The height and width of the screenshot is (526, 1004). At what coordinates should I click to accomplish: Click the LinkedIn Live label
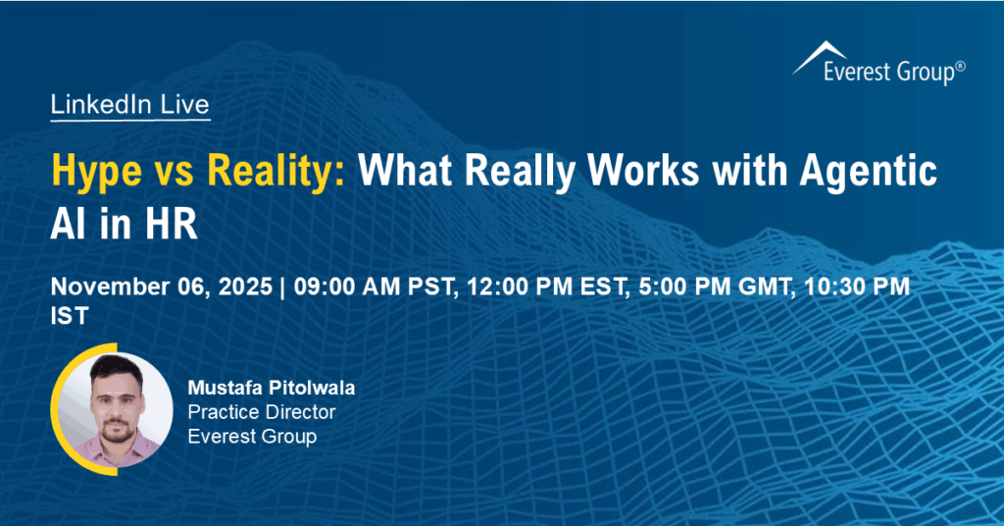129,106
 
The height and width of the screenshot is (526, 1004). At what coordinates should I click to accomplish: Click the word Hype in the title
96,172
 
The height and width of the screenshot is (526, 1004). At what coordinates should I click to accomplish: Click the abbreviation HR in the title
173,225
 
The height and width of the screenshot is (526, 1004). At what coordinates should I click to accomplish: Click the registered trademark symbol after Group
961,65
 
